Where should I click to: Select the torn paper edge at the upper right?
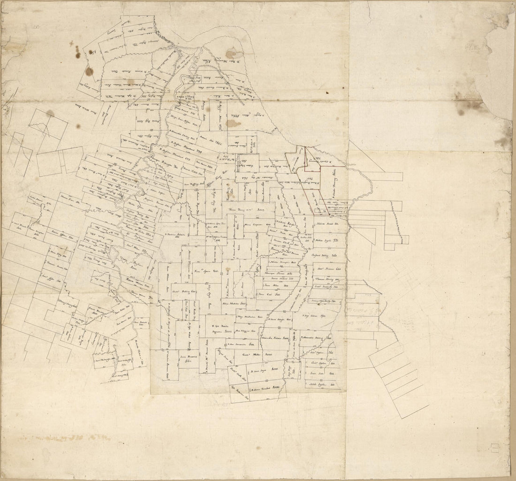[x=497, y=70]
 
